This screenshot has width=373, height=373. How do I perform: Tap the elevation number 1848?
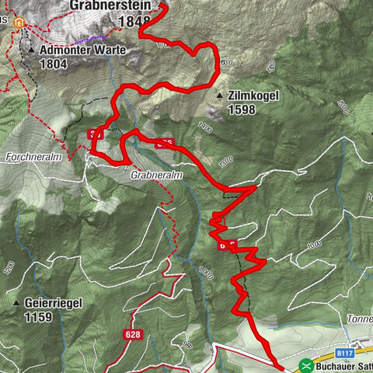pos(134,20)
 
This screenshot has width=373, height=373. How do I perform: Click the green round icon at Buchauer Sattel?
pos(305,364)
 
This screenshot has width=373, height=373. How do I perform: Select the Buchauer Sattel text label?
pos(343,364)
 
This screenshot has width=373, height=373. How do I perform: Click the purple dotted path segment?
pos(97,37)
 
